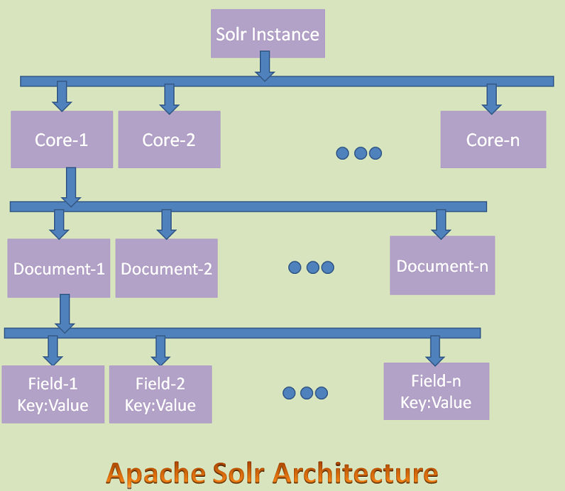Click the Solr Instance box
point(268,33)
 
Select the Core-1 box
point(62,139)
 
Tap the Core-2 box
point(169,139)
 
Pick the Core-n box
point(493,139)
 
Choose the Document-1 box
point(59,268)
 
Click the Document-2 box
point(166,268)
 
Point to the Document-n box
point(441,265)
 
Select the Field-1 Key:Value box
point(53,395)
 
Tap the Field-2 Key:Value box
point(160,395)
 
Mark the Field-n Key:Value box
point(436,392)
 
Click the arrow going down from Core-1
point(70,187)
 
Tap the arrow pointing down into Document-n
point(441,224)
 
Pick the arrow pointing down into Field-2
point(160,351)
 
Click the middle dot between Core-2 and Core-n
point(359,153)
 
